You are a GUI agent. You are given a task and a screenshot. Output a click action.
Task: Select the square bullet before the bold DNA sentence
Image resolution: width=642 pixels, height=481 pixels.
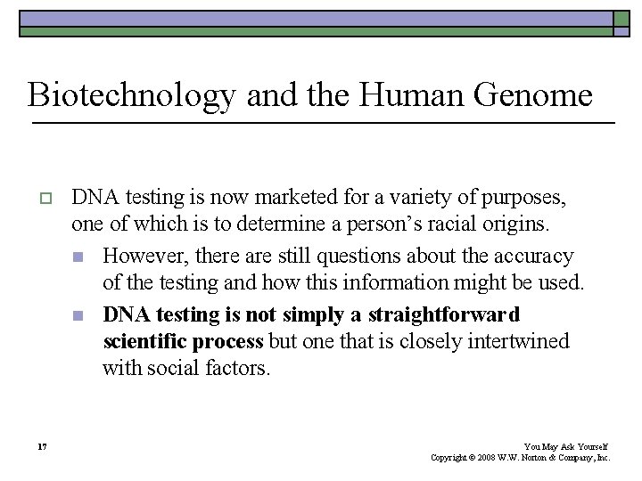pyautogui.click(x=78, y=315)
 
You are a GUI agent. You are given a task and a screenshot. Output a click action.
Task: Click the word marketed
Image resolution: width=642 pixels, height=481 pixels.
pyautogui.click(x=291, y=195)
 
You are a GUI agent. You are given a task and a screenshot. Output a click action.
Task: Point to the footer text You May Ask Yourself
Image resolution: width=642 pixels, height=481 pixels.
pyautogui.click(x=565, y=446)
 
